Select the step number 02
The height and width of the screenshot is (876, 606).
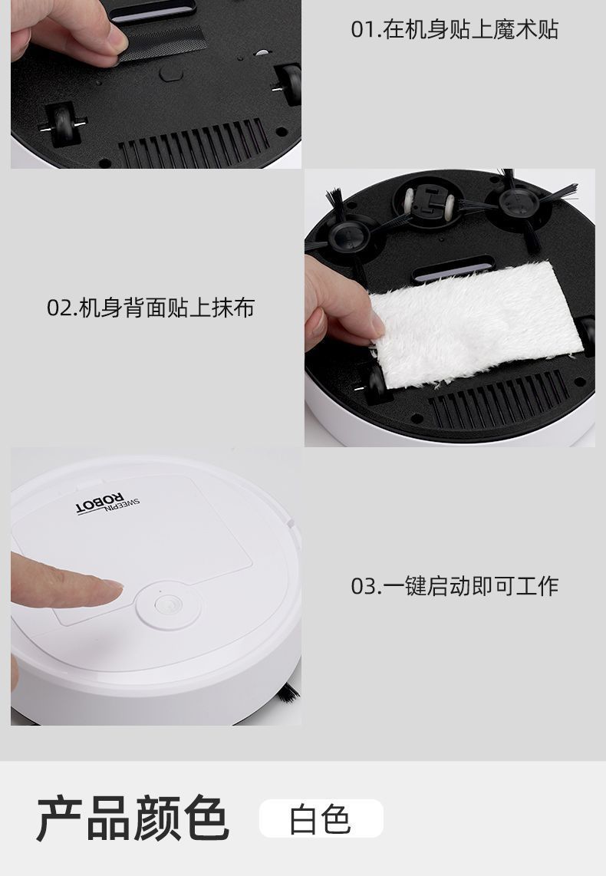coord(59,308)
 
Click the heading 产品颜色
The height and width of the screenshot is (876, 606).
coord(132,818)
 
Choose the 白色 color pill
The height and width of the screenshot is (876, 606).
coord(321,818)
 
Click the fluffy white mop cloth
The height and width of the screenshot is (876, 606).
coord(476,322)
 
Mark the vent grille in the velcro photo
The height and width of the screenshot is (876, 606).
coord(192,145)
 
